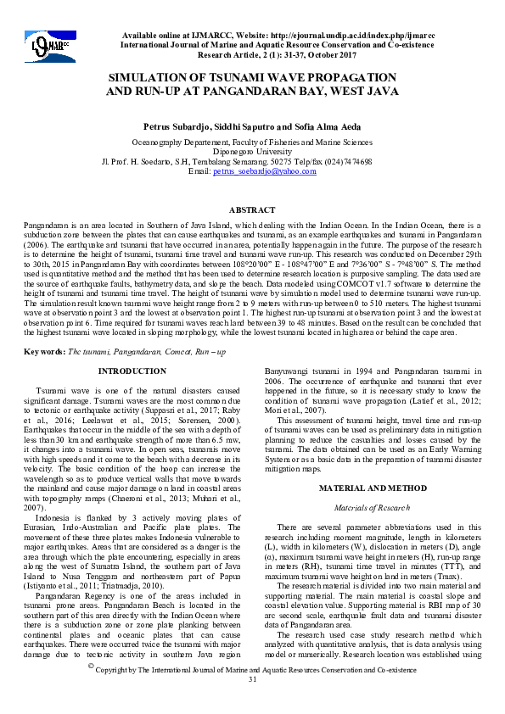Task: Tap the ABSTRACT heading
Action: pos(252,209)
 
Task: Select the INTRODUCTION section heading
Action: pos(132,371)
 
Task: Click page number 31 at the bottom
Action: pos(252,704)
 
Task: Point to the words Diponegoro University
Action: pos(252,153)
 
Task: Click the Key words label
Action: pos(43,351)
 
